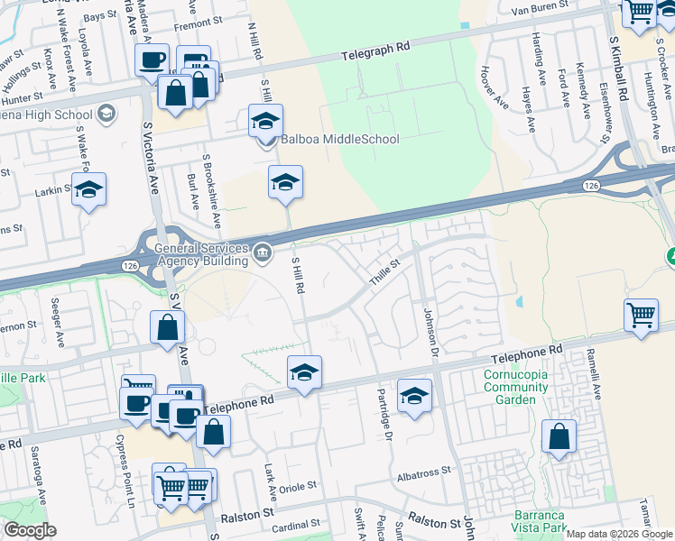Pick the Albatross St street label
tap(421, 472)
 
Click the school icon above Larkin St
tap(88, 190)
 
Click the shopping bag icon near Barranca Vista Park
tap(559, 436)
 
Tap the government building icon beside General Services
tap(262, 251)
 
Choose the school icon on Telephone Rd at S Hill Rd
tap(305, 372)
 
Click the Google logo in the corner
tap(30, 530)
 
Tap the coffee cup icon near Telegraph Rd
tap(152, 60)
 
